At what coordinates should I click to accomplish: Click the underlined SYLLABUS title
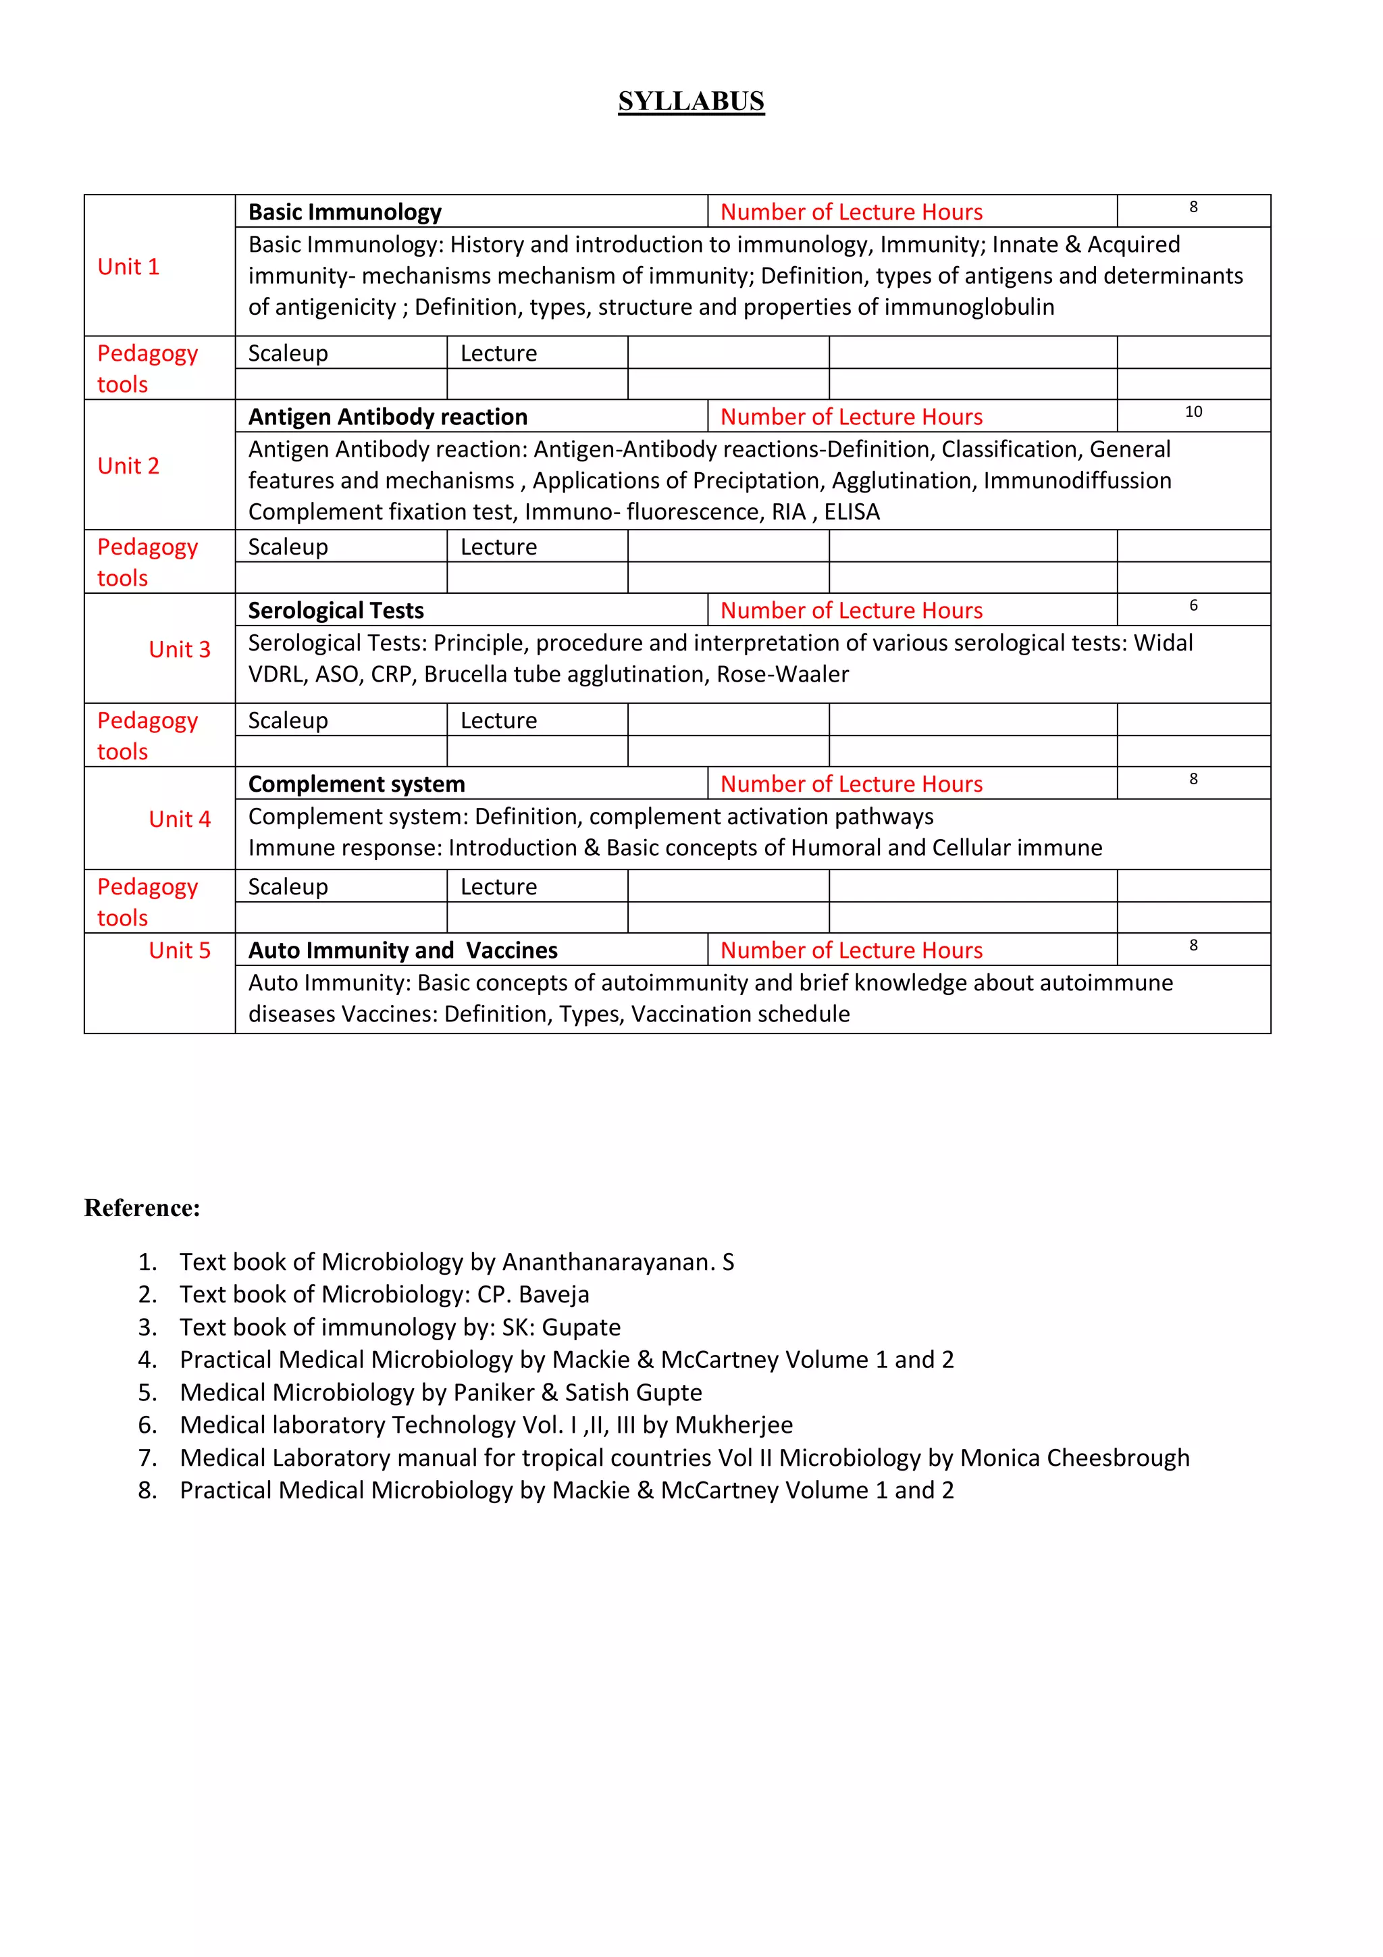(691, 101)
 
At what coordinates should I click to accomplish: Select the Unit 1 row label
(129, 267)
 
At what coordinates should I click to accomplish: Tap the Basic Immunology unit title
(344, 211)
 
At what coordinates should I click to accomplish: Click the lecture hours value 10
(1193, 411)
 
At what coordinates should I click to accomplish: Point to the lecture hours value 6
(1193, 605)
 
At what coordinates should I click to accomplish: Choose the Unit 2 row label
(129, 465)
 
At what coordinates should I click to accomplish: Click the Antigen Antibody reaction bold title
(388, 416)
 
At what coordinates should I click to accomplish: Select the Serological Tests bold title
(336, 610)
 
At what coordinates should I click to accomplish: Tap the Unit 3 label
(179, 649)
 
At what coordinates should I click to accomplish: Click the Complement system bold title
(356, 784)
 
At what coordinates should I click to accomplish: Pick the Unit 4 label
(179, 819)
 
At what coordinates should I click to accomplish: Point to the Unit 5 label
(179, 950)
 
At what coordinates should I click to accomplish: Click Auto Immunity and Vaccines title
(402, 950)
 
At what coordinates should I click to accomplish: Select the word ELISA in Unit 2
(852, 511)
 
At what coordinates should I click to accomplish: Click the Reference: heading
(142, 1208)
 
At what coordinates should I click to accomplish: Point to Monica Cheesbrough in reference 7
(1074, 1458)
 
